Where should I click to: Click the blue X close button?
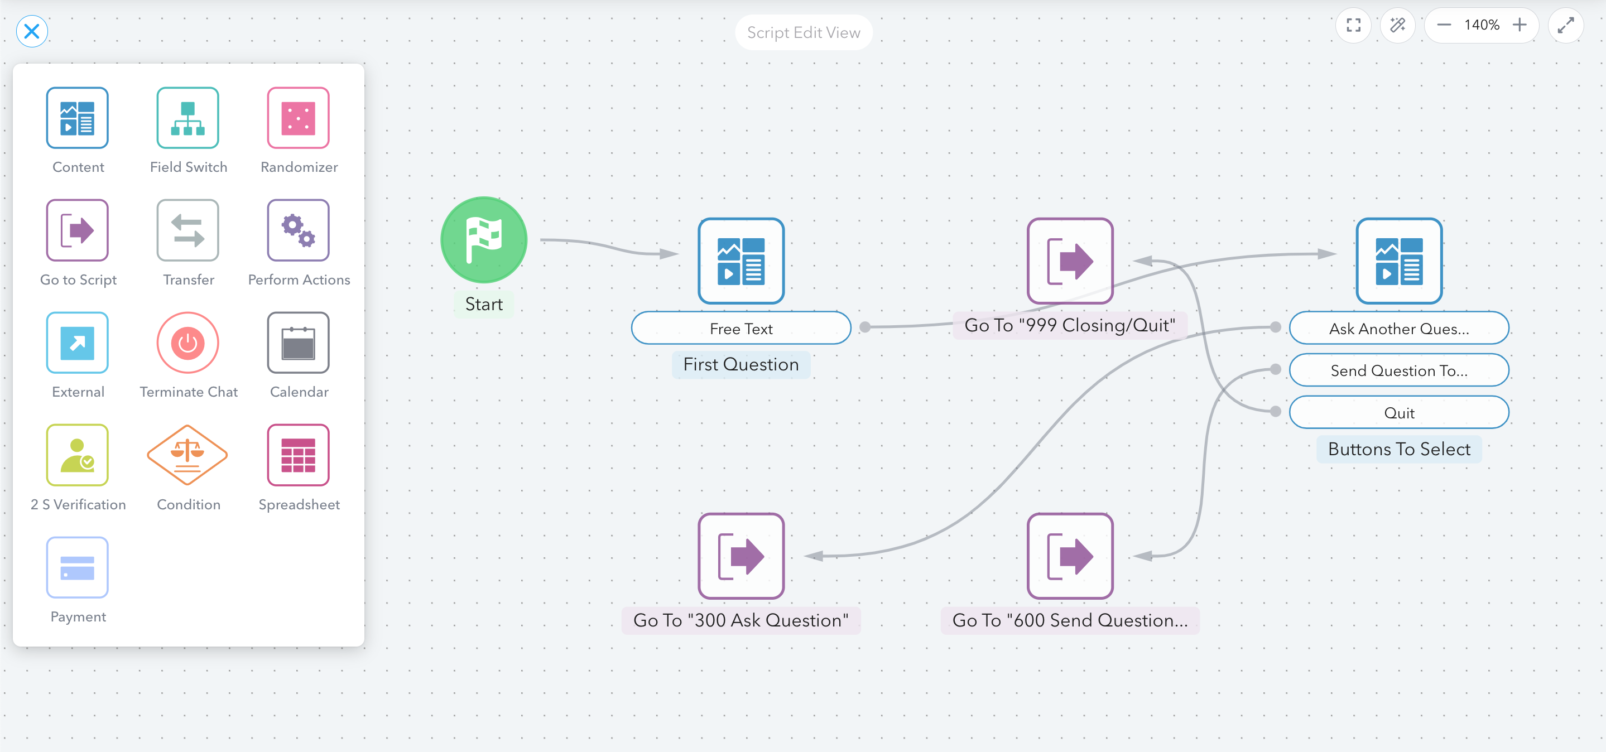(x=32, y=31)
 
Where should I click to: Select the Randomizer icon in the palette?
(x=298, y=118)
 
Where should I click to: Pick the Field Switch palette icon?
(x=187, y=118)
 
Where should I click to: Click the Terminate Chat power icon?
(x=187, y=343)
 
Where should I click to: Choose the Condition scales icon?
(x=187, y=455)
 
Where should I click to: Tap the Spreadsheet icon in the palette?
(x=298, y=455)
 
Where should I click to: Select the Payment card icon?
(x=78, y=567)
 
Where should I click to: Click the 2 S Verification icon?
(x=78, y=455)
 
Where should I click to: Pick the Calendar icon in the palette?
(x=298, y=343)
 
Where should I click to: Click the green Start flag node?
(x=484, y=240)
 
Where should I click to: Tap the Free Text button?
(x=741, y=329)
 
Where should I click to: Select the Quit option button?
(x=1399, y=412)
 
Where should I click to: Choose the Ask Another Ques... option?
(x=1399, y=329)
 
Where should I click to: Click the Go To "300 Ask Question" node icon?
(x=741, y=556)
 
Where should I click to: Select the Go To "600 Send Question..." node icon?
(x=1070, y=556)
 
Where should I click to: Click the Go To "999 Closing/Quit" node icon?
(x=1070, y=261)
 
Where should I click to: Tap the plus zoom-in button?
(x=1520, y=25)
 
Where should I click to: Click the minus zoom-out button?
(x=1444, y=25)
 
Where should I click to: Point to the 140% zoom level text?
(x=1482, y=25)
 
